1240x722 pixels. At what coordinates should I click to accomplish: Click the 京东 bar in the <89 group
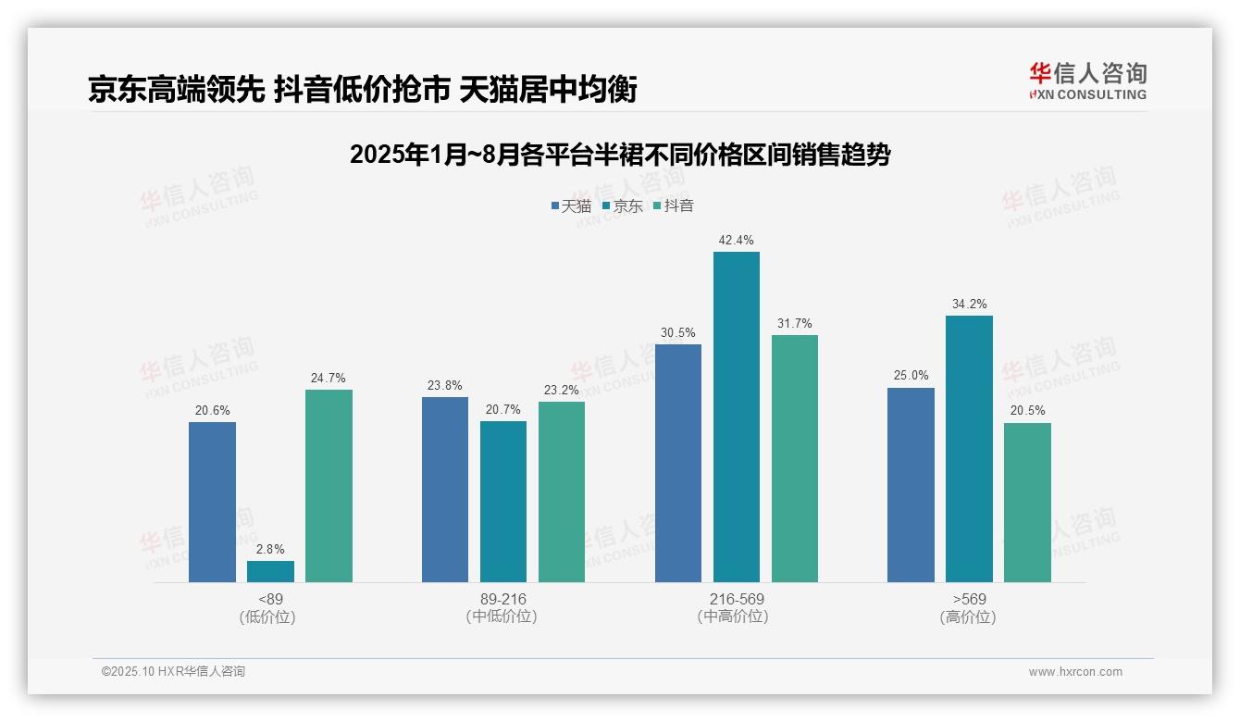pyautogui.click(x=270, y=571)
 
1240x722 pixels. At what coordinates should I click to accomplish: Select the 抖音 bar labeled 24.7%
pyautogui.click(x=329, y=486)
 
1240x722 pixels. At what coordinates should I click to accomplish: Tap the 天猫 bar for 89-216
pyautogui.click(x=445, y=490)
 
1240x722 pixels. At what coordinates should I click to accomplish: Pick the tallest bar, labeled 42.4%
pyautogui.click(x=736, y=417)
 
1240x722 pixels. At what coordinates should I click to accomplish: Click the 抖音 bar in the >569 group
pyautogui.click(x=1027, y=503)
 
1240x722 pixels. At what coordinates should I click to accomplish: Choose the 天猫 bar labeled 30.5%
pyautogui.click(x=677, y=463)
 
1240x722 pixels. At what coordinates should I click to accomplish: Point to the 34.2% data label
pyautogui.click(x=969, y=304)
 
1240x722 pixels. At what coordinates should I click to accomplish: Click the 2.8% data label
pyautogui.click(x=270, y=549)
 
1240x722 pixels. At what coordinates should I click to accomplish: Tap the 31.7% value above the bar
pyautogui.click(x=794, y=323)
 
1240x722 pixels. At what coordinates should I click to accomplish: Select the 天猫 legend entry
pyautogui.click(x=571, y=205)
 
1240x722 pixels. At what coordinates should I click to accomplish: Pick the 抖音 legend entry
pyautogui.click(x=674, y=205)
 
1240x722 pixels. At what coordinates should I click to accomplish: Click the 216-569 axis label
pyautogui.click(x=737, y=599)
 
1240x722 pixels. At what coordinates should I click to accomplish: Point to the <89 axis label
pyautogui.click(x=270, y=599)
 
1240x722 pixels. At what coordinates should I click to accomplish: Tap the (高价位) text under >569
pyautogui.click(x=969, y=616)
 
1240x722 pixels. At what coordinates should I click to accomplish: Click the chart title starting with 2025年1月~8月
pyautogui.click(x=619, y=155)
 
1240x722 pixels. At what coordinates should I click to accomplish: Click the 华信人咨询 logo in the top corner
pyautogui.click(x=1087, y=81)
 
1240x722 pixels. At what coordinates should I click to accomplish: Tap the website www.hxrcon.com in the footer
pyautogui.click(x=1074, y=672)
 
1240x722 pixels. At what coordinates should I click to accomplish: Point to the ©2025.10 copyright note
pyautogui.click(x=173, y=671)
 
